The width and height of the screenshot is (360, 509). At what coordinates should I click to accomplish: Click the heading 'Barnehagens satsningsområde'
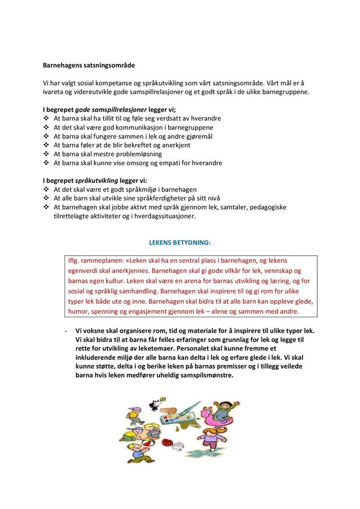click(89, 65)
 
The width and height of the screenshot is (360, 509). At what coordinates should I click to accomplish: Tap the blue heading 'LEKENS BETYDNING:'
click(180, 242)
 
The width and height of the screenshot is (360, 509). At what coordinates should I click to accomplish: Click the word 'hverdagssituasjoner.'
click(171, 216)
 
